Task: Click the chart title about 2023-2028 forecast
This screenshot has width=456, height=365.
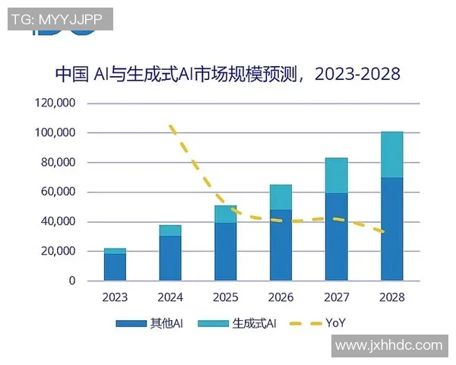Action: click(228, 75)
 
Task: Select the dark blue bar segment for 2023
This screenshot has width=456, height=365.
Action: click(115, 267)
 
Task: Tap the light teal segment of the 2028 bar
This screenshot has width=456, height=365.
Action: click(392, 154)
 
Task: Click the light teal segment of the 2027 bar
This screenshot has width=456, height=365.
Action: click(337, 175)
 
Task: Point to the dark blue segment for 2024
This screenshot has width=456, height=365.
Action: click(170, 258)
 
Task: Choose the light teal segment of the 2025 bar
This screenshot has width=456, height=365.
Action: click(226, 214)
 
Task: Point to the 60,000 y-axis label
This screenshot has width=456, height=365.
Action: click(57, 192)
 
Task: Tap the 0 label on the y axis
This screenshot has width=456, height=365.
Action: click(72, 281)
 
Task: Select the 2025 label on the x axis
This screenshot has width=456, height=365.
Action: click(226, 297)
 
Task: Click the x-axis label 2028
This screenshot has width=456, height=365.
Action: click(392, 297)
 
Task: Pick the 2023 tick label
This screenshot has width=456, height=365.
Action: click(115, 297)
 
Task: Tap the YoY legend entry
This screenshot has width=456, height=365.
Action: click(319, 323)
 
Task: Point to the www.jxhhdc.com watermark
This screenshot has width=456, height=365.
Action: click(388, 345)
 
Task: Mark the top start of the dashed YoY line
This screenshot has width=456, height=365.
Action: click(171, 126)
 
